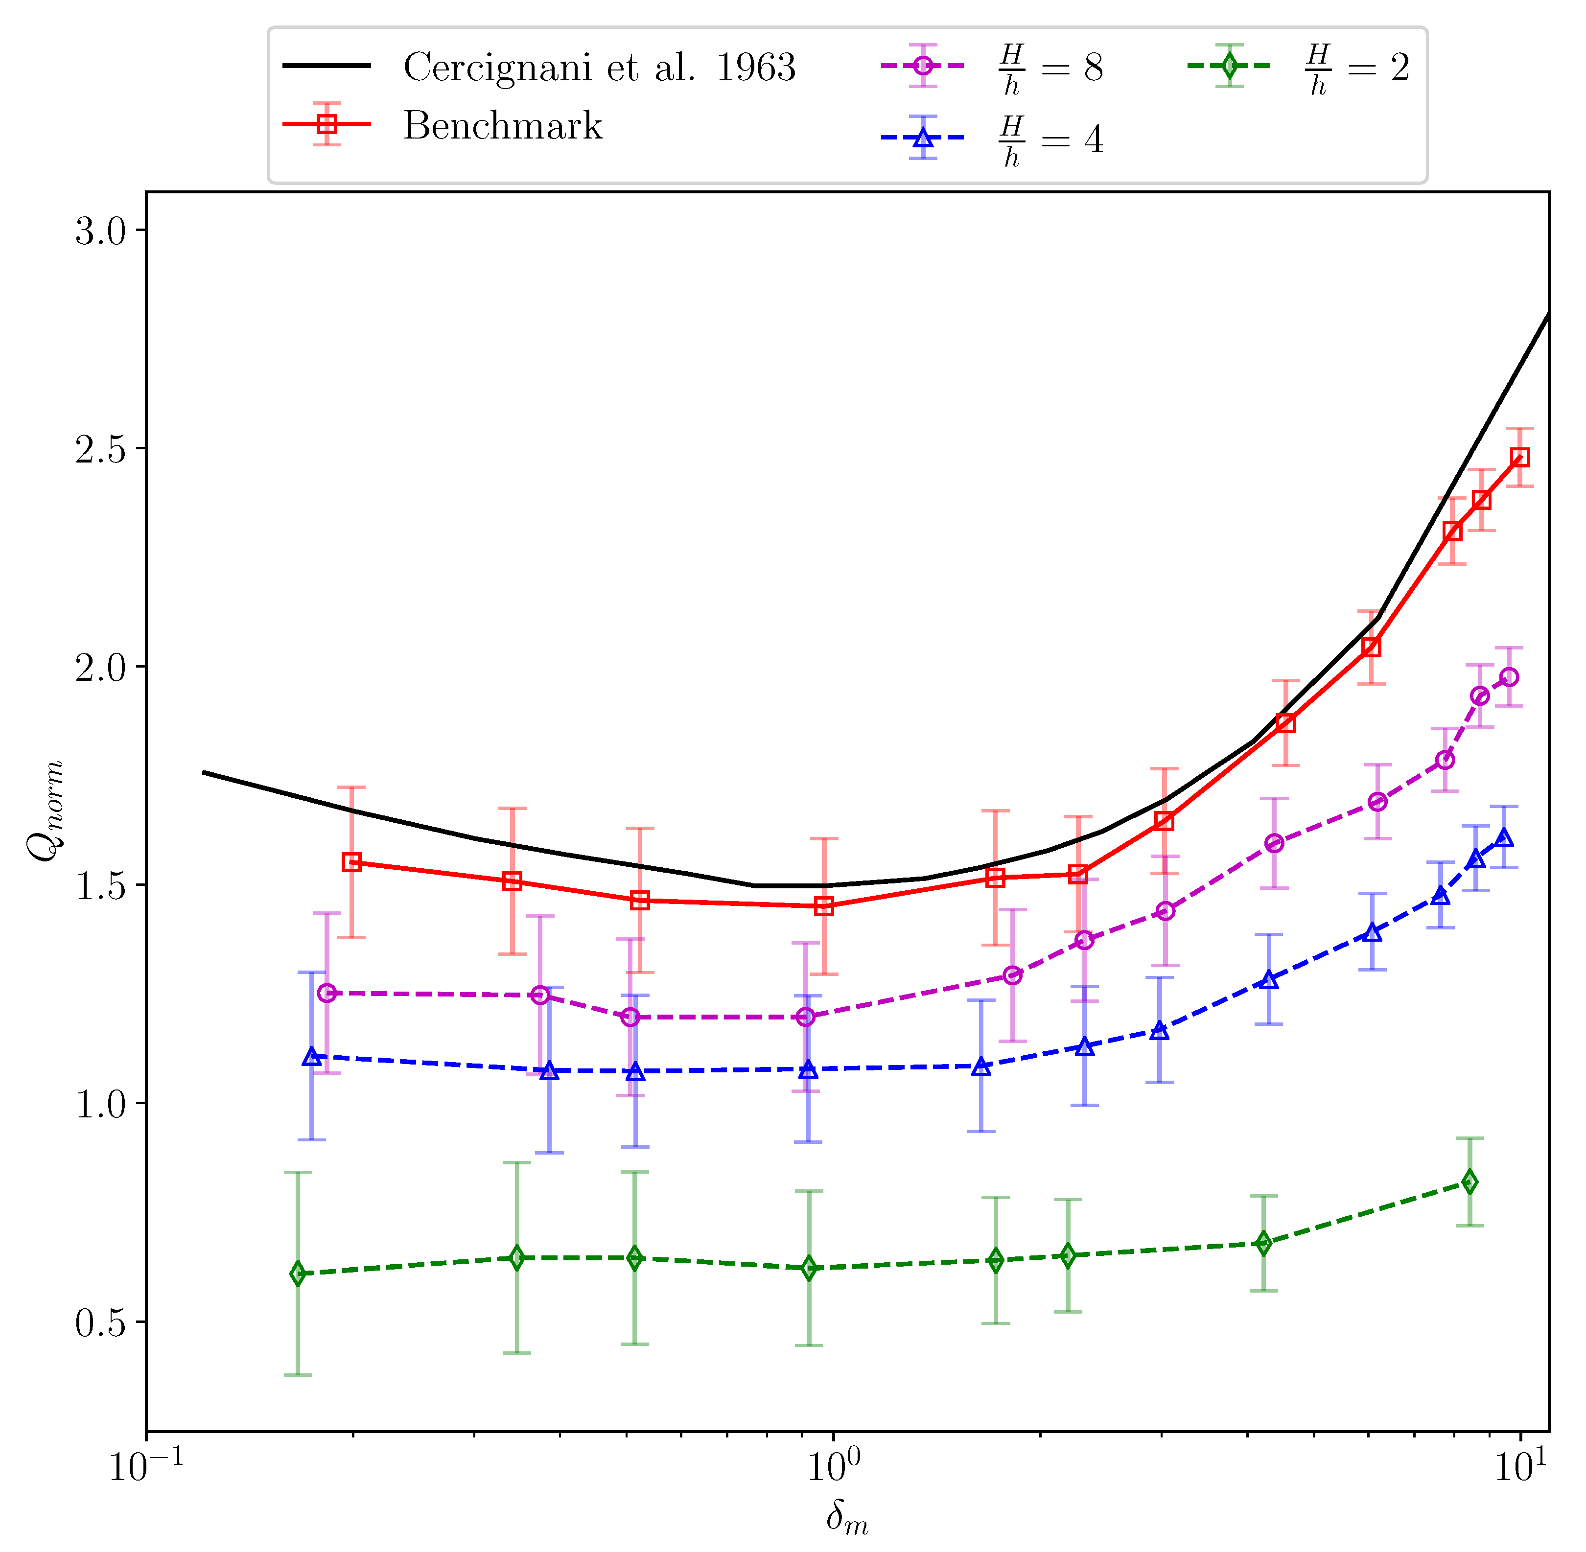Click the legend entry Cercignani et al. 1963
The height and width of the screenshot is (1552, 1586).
tap(599, 67)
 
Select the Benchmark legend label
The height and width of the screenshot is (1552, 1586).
tap(502, 125)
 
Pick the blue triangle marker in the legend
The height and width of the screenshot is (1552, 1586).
tap(922, 138)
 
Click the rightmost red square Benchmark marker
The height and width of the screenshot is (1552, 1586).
tap(1519, 457)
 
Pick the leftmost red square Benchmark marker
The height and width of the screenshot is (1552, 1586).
tap(351, 862)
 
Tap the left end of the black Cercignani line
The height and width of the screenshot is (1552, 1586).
tap(204, 772)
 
